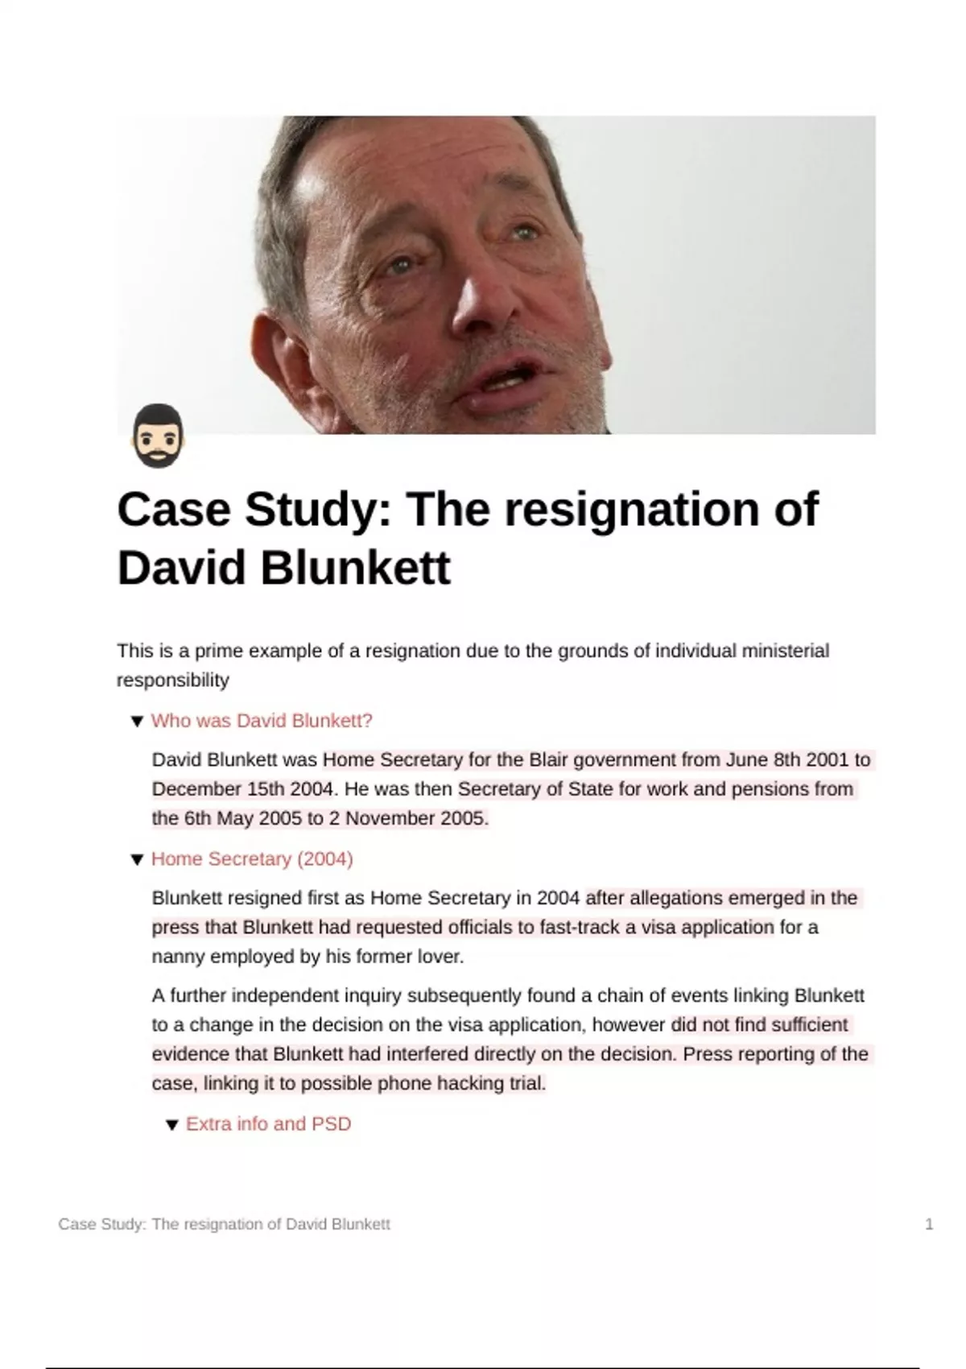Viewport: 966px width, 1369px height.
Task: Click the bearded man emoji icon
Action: tap(158, 436)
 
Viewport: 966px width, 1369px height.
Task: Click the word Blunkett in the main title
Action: tap(355, 568)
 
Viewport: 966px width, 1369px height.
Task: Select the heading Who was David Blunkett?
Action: tap(262, 721)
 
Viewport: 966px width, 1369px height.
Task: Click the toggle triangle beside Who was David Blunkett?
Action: tap(137, 722)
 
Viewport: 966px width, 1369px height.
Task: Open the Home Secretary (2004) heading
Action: tap(252, 859)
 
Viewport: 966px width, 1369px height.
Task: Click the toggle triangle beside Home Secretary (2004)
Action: tap(137, 860)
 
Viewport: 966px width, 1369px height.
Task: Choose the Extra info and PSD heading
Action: tap(268, 1124)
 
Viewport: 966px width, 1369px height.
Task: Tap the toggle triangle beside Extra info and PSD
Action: tap(171, 1125)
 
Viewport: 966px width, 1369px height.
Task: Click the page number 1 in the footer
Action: tap(929, 1224)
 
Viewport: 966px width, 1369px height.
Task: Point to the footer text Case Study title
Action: tap(224, 1224)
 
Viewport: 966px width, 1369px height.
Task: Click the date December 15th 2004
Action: tap(239, 789)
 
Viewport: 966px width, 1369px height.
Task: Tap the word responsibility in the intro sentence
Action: tap(173, 680)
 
